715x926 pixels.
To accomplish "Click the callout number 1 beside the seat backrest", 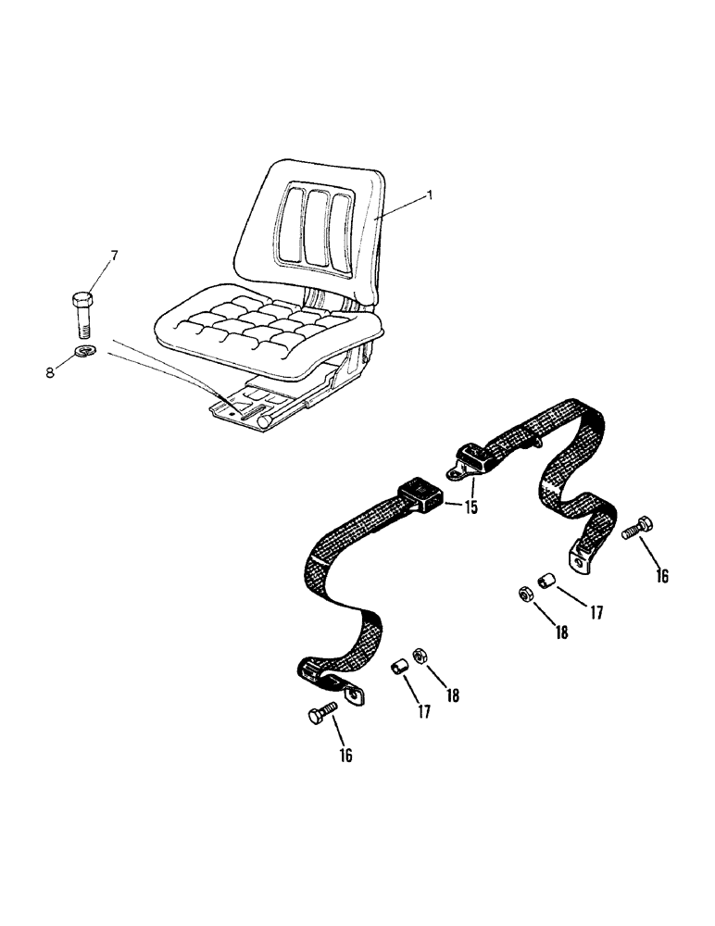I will pyautogui.click(x=430, y=195).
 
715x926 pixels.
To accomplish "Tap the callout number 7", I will pyautogui.click(x=115, y=255).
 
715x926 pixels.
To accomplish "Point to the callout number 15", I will pyautogui.click(x=471, y=507).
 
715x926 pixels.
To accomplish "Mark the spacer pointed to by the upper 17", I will pyautogui.click(x=547, y=583).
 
